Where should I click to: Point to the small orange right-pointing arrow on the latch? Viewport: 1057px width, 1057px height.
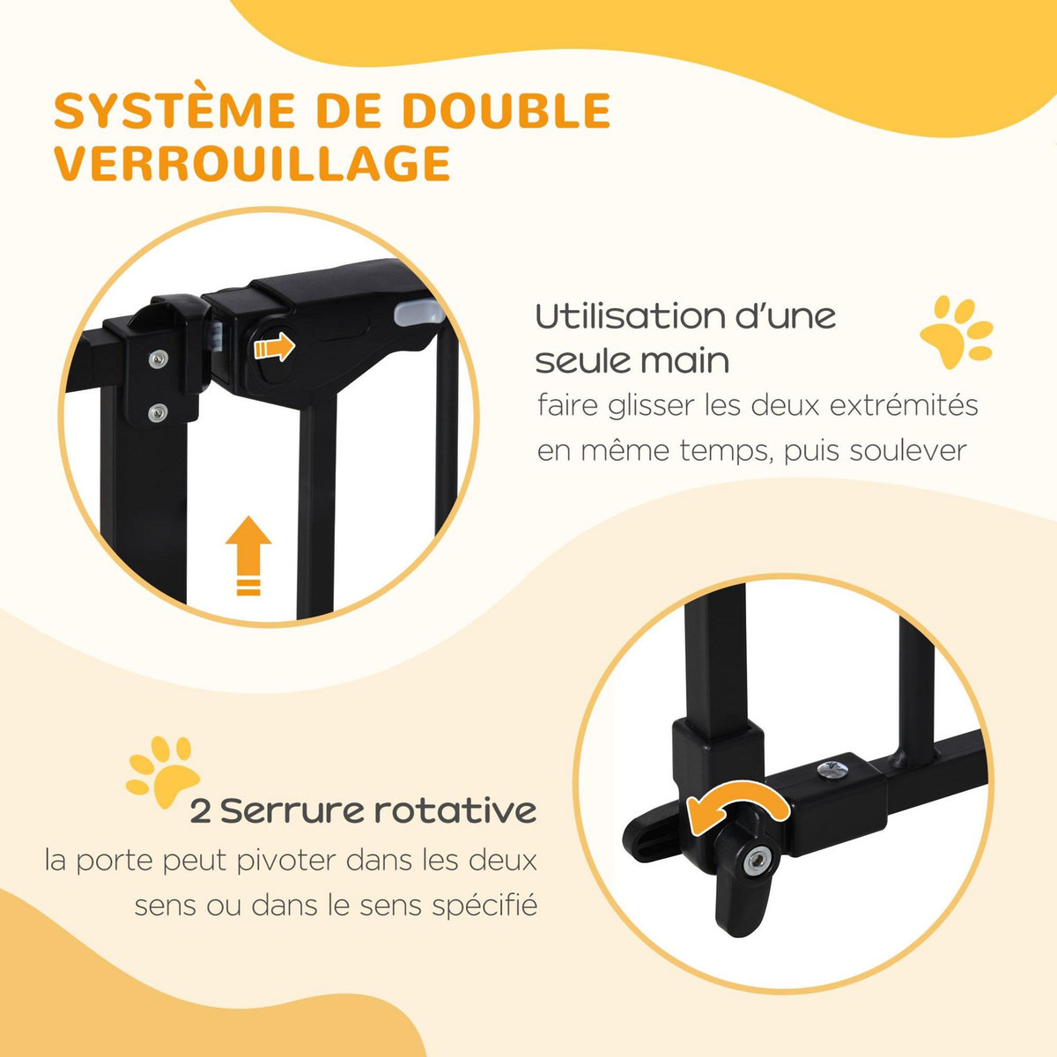pos(273,348)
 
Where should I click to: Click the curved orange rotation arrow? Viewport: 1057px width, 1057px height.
pos(736,806)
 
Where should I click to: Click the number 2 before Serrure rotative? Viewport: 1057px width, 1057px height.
pos(201,810)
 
